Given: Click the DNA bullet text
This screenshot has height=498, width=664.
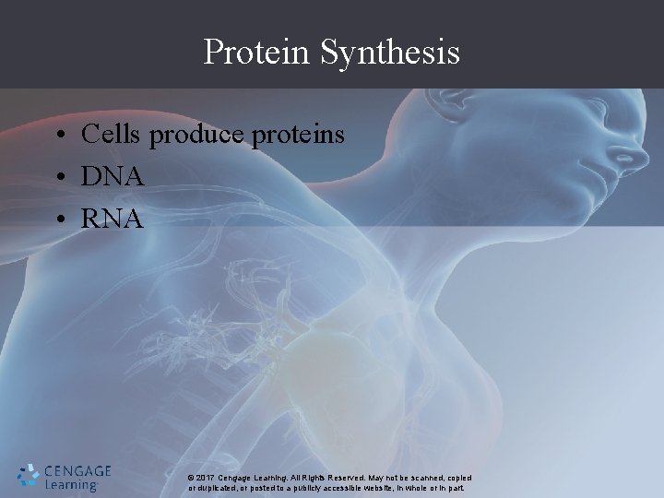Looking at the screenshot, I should (x=112, y=176).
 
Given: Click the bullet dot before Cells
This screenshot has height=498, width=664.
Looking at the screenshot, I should (x=58, y=137).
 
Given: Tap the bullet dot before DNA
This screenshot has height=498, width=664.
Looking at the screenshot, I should (x=58, y=178).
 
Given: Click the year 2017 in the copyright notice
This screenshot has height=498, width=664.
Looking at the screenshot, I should (x=206, y=478).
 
